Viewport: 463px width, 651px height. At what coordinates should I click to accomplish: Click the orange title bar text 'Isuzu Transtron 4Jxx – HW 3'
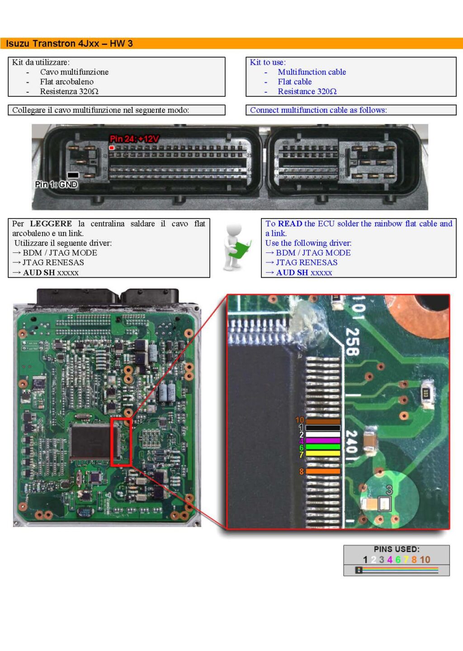pos(69,43)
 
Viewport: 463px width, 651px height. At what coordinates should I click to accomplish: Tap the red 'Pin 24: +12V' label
pos(134,138)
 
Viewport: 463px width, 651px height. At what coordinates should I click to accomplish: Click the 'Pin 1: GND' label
pos(56,184)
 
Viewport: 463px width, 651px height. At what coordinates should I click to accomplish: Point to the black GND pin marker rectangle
pos(73,175)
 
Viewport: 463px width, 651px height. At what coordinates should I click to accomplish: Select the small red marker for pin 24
pos(112,147)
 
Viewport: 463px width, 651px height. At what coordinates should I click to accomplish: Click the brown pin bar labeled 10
pos(323,421)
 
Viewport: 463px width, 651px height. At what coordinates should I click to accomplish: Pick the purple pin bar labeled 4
pos(323,441)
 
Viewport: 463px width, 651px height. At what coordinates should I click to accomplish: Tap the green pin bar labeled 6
pos(323,447)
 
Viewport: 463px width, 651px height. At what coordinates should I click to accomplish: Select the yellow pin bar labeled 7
pos(323,453)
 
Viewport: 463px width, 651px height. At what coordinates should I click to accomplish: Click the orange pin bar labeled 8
pos(323,471)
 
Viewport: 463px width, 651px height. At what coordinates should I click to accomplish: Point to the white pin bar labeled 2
pos(323,434)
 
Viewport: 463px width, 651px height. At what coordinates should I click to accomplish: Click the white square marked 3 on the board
pos(384,504)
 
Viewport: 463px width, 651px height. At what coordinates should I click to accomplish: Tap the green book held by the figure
pos(240,249)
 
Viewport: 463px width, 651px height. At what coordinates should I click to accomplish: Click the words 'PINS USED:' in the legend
pos(397,549)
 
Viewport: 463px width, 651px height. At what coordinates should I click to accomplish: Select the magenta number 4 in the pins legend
pos(389,560)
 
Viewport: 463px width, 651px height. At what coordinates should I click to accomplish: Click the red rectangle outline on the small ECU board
pos(111,442)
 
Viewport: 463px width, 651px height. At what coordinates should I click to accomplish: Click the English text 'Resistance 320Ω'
pos(307,91)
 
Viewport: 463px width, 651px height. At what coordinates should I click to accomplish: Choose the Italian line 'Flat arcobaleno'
pos(67,82)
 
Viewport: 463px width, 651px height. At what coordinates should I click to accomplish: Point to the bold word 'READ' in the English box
pos(290,223)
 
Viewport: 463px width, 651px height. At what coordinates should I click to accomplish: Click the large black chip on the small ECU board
pos(90,442)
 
